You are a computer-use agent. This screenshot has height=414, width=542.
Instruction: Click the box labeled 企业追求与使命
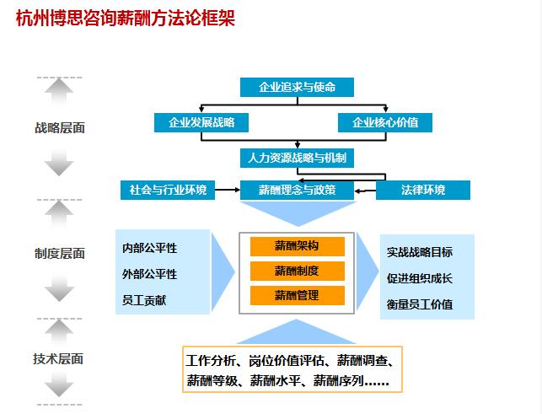tap(297, 87)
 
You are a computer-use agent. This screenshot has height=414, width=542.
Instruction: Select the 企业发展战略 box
tap(201, 122)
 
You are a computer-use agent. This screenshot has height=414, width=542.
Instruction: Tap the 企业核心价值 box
tap(385, 122)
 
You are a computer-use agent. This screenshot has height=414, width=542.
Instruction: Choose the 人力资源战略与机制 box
tap(297, 158)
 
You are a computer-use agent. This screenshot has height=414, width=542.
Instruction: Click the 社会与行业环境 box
tap(168, 190)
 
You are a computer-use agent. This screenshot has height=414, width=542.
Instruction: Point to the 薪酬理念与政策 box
tap(297, 190)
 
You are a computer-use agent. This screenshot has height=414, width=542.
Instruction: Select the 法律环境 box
tap(423, 190)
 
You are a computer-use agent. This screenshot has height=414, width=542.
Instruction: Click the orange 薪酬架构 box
tap(298, 246)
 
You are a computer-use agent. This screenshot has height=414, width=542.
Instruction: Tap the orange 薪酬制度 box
tap(298, 271)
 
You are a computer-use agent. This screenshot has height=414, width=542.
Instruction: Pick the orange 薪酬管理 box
tap(298, 295)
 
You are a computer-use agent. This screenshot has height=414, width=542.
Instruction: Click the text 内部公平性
tap(150, 248)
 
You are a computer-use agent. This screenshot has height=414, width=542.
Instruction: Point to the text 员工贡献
tap(144, 300)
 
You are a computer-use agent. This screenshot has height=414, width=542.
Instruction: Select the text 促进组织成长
tap(420, 278)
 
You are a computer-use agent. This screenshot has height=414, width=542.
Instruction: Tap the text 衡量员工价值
tap(420, 304)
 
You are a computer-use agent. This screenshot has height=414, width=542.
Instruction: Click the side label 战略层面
tap(60, 128)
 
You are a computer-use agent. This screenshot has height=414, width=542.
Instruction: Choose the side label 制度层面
tap(60, 254)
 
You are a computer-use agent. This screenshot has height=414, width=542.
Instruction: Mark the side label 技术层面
tap(58, 358)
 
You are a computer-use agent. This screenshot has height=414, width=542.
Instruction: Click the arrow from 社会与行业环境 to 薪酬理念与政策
tap(228, 190)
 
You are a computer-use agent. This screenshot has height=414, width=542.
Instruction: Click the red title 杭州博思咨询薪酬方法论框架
tap(126, 18)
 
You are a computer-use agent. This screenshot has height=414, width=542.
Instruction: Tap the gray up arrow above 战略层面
tap(59, 90)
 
